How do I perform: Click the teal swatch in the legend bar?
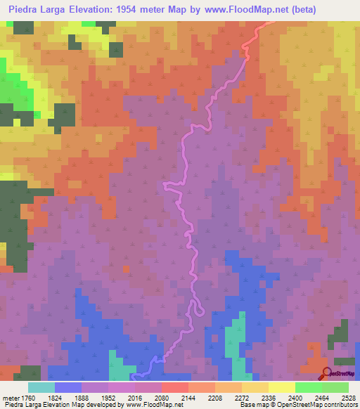[41, 387]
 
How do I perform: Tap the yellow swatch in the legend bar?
[282, 387]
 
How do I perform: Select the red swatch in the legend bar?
[175, 387]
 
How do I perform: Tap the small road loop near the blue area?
[199, 308]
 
